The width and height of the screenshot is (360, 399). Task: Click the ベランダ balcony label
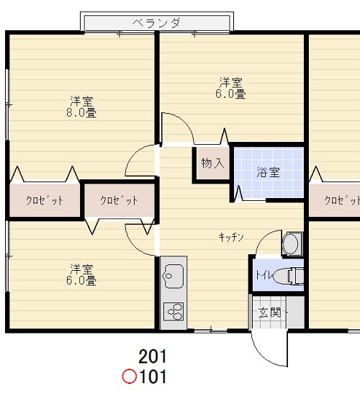(x=156, y=24)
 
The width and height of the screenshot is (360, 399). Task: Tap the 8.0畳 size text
(x=82, y=112)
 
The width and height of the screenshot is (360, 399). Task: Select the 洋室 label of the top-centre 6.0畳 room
(x=231, y=81)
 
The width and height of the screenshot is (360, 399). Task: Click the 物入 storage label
(x=212, y=163)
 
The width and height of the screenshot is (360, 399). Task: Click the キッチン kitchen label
(x=232, y=236)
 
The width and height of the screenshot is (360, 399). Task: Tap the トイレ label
(x=261, y=275)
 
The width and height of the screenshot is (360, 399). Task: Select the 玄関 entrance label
(x=269, y=313)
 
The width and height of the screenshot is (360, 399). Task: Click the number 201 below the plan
(x=153, y=357)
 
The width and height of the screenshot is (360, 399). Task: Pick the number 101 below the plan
(x=153, y=376)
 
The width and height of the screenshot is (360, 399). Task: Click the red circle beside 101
(x=130, y=376)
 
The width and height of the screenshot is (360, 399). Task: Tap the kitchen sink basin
(x=174, y=274)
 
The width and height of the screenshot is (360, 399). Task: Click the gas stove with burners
(x=174, y=311)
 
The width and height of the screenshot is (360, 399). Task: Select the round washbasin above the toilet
(x=291, y=243)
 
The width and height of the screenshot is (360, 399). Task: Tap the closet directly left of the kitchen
(x=119, y=201)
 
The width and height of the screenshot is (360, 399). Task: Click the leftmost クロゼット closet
(x=45, y=201)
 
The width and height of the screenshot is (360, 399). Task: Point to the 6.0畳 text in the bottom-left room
(x=82, y=281)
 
